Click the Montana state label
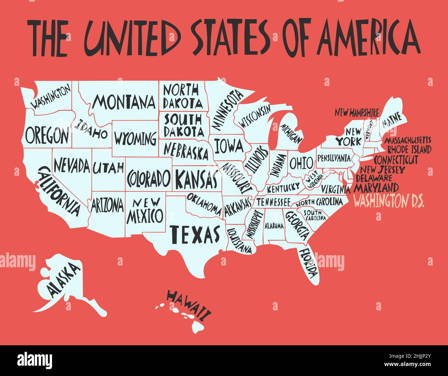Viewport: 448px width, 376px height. click(124, 102)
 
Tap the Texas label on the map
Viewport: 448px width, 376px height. click(195, 234)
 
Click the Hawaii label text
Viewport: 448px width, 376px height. click(189, 304)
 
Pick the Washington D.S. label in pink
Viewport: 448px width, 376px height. click(389, 201)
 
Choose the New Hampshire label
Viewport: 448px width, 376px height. click(357, 112)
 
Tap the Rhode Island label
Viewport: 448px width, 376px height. click(409, 150)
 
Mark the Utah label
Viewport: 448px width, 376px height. click(108, 168)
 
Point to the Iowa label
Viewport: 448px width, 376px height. click(228, 146)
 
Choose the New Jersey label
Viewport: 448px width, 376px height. click(383, 170)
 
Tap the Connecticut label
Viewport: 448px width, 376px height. click(396, 160)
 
